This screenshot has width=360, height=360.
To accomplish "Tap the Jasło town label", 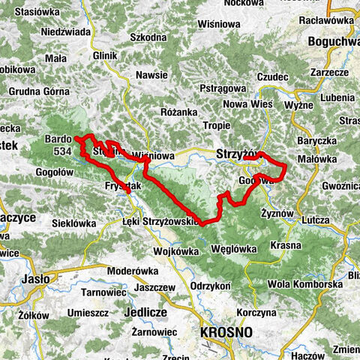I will point(36,279).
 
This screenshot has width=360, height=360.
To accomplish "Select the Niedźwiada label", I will point(66,31).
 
